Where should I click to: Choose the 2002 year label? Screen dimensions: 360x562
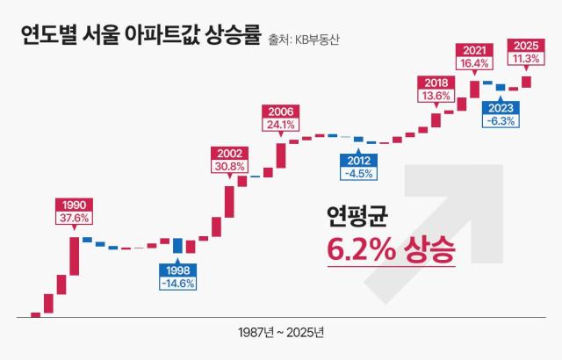(229, 153)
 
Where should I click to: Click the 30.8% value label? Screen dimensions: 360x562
(229, 167)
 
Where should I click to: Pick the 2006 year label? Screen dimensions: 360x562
(281, 112)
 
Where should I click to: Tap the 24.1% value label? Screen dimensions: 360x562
(281, 126)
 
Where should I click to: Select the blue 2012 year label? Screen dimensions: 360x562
(358, 160)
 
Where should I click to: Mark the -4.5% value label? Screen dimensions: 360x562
(358, 174)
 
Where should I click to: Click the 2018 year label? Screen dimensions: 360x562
(436, 82)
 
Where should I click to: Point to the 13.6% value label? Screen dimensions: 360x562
(436, 96)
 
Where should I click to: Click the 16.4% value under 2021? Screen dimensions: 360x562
(474, 63)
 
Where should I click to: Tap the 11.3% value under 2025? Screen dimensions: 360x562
(526, 59)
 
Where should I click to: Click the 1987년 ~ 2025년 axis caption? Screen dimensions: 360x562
(281, 334)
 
